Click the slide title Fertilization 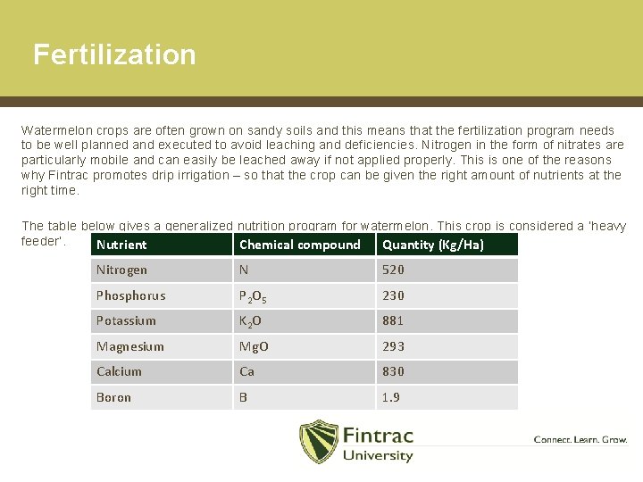[x=114, y=54]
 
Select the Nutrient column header [x=121, y=245]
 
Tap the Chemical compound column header [x=300, y=245]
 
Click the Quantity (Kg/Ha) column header [x=433, y=245]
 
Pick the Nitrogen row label [x=121, y=270]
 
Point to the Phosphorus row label [x=130, y=295]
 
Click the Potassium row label [x=126, y=320]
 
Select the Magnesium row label [x=130, y=346]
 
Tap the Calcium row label [x=119, y=371]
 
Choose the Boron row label [x=113, y=397]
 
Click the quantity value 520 [x=393, y=270]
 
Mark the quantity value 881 [x=393, y=320]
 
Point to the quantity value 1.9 [x=391, y=397]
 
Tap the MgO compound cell [x=254, y=346]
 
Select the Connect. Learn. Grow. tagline [x=580, y=439]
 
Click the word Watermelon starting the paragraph [x=51, y=129]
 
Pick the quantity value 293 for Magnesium [x=393, y=346]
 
